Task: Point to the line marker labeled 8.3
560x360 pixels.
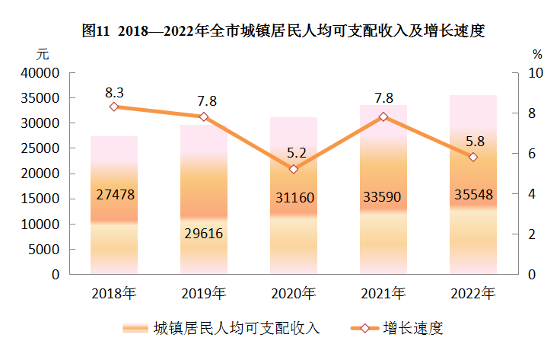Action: pos(114,107)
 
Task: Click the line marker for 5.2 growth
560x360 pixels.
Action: pos(294,169)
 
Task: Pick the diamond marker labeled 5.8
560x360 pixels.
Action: pos(473,157)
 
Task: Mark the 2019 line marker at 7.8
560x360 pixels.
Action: pos(204,116)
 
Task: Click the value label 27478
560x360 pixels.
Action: pos(116,195)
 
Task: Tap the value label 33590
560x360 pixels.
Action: pos(383,198)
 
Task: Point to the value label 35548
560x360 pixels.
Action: pos(473,194)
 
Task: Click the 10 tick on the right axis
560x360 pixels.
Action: pos(536,73)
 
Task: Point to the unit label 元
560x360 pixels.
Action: pos(43,54)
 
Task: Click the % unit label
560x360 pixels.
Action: pos(537,55)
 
